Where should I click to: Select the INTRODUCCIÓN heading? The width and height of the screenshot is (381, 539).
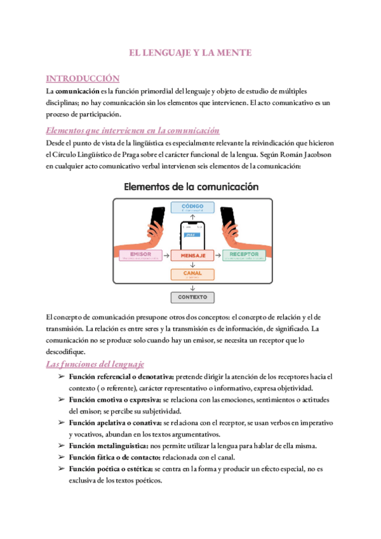click(x=83, y=78)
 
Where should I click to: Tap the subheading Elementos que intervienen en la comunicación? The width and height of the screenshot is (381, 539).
click(x=133, y=130)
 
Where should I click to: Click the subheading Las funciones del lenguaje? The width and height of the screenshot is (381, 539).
click(x=95, y=364)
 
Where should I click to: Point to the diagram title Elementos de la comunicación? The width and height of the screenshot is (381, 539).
click(x=191, y=187)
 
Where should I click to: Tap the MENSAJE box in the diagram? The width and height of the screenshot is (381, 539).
click(x=192, y=255)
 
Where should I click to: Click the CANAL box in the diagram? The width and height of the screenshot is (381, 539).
click(x=192, y=275)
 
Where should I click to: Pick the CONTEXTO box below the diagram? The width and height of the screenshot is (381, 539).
click(x=192, y=297)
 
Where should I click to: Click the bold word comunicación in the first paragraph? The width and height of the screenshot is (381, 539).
click(x=73, y=92)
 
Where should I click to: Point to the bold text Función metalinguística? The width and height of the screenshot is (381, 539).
click(x=114, y=445)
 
